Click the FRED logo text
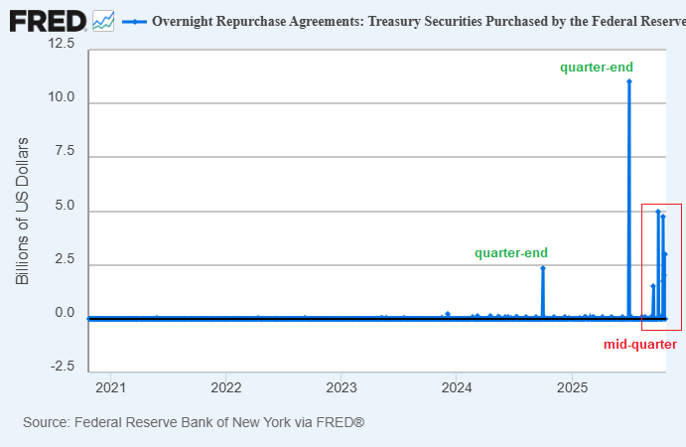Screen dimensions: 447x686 (46, 20)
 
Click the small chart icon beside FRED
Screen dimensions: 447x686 (103, 20)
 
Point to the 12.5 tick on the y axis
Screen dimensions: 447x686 (61, 44)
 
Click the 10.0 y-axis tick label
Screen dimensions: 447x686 (61, 97)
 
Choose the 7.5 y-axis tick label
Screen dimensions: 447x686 (65, 151)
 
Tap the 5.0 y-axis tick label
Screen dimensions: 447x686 (65, 205)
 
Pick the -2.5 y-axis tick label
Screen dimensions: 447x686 (62, 367)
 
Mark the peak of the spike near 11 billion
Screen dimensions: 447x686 (629, 81)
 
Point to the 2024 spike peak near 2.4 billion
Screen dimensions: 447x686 (543, 268)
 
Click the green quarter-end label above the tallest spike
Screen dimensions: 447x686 (597, 67)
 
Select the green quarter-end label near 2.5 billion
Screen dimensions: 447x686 (510, 253)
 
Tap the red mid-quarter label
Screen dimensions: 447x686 (640, 345)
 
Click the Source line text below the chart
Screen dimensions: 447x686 (194, 422)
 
